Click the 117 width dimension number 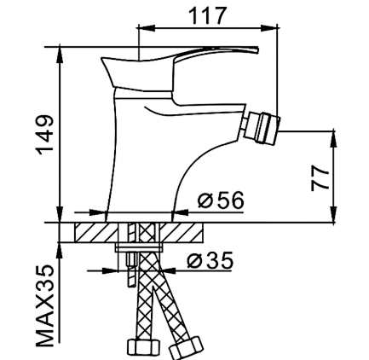[208, 15]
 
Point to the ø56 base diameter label [221, 200]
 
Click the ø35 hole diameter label [210, 260]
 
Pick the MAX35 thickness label [44, 306]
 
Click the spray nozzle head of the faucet [263, 128]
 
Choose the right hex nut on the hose [186, 347]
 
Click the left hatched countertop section [96, 232]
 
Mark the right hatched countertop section [182, 232]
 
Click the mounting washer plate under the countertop [138, 247]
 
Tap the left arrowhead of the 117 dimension [146, 27]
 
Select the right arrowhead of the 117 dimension [268, 27]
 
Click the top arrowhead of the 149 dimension [60, 55]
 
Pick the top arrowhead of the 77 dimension [333, 140]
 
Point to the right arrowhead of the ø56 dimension [181, 212]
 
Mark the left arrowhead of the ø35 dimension [109, 270]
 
